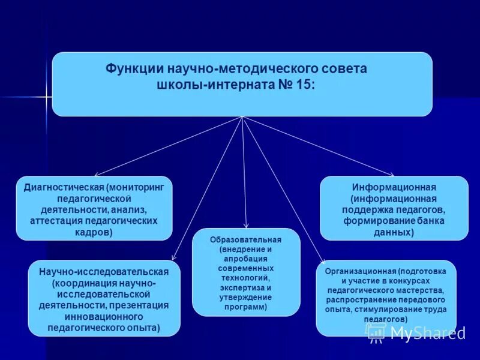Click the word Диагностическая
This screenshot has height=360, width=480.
click(x=60, y=187)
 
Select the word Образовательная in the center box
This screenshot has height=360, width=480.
click(x=246, y=240)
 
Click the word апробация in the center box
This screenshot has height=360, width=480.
click(x=246, y=259)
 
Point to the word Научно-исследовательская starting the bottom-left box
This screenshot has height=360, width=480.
click(x=104, y=272)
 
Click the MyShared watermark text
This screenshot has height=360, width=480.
click(x=427, y=333)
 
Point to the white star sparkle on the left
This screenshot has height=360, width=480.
click(x=46, y=97)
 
